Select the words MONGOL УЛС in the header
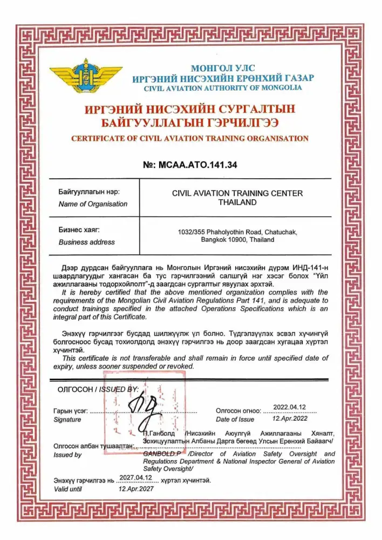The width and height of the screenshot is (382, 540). pos(219,68)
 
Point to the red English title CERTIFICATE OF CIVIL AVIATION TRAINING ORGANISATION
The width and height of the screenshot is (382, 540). pos(190,138)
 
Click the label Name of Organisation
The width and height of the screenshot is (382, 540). pos(93,204)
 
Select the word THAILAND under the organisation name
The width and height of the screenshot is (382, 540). pos(237,202)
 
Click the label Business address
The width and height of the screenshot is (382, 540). pos(87,242)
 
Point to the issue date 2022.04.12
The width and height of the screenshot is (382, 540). pos(290,407)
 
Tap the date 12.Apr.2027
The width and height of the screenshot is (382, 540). pos(136,489)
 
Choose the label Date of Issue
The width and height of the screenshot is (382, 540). pos(235,420)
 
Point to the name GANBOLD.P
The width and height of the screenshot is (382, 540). pos(160,454)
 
